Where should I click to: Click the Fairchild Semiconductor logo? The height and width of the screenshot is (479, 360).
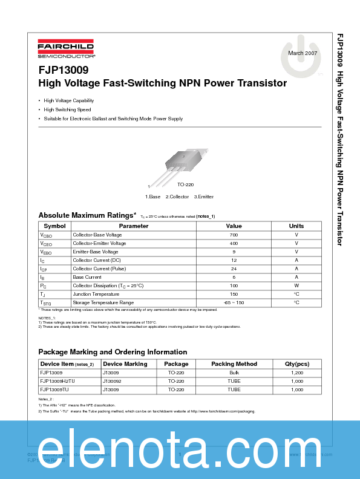(65, 49)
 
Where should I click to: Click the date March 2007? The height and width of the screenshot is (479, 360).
(303, 54)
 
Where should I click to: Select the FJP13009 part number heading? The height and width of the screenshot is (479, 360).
(62, 70)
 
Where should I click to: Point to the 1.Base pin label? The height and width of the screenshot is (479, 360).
(152, 197)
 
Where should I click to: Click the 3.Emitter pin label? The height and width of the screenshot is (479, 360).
(203, 197)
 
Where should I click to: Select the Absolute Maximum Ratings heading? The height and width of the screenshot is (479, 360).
(87, 215)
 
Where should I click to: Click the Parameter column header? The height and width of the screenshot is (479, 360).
(133, 226)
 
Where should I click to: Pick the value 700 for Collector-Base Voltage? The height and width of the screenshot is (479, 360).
(234, 235)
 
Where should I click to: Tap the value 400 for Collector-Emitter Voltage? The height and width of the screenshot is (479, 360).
(234, 243)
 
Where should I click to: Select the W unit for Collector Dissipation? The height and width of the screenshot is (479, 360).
(296, 285)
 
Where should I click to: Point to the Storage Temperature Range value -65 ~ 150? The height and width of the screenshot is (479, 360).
(234, 302)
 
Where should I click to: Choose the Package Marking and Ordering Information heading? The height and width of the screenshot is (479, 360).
(113, 352)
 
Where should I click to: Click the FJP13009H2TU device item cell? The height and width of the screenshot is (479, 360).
(57, 382)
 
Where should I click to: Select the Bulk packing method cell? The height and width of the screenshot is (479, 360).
(234, 373)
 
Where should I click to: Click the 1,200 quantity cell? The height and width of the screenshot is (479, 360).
(296, 373)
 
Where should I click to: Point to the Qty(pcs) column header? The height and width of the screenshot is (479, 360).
(296, 364)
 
